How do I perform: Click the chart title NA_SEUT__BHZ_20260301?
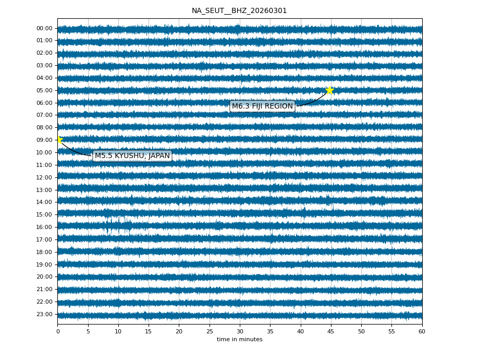(x=239, y=10)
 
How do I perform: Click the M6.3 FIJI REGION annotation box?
(x=262, y=106)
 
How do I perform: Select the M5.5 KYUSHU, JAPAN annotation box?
(x=132, y=156)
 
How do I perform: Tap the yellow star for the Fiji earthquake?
(x=329, y=90)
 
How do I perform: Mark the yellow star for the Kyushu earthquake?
(x=59, y=139)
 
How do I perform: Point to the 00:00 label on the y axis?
(x=45, y=28)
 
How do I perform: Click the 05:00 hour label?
(x=45, y=90)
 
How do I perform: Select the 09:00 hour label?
(x=45, y=140)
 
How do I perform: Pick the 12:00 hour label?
(x=45, y=177)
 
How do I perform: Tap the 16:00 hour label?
(x=45, y=227)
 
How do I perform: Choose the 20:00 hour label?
(x=45, y=277)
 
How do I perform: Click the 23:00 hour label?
(x=45, y=314)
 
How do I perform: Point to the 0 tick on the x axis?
(x=58, y=331)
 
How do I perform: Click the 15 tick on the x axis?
(x=149, y=331)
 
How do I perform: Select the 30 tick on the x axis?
(x=240, y=331)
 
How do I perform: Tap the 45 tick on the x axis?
(x=331, y=331)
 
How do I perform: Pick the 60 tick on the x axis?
(x=422, y=331)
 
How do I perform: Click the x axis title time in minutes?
(x=240, y=340)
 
